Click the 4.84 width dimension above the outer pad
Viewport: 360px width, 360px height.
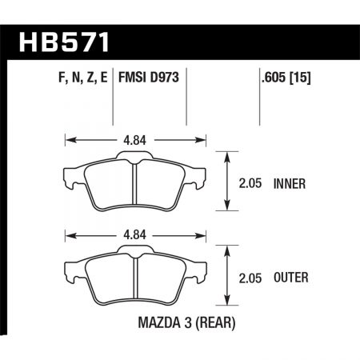[x=135, y=235]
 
